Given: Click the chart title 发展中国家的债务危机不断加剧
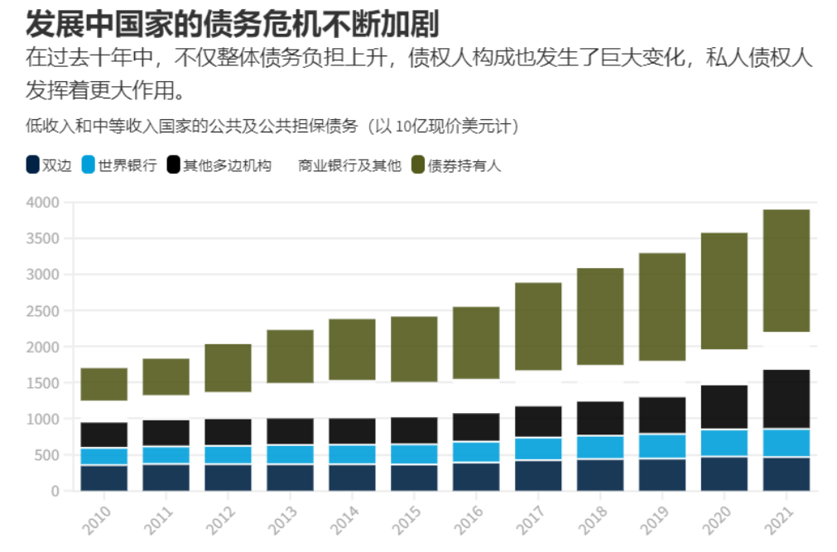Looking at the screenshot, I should click(232, 23).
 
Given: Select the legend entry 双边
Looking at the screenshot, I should click(49, 165).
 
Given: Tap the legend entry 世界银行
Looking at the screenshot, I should click(119, 165).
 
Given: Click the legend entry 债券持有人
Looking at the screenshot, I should click(456, 165).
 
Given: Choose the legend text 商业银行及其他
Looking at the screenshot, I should click(349, 165).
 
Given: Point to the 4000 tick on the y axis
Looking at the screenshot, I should click(43, 203).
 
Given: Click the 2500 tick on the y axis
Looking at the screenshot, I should click(43, 311).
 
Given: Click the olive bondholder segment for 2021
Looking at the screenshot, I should click(786, 271).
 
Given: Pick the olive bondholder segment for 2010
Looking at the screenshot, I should click(103, 384).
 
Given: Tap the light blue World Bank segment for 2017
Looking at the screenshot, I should click(538, 448).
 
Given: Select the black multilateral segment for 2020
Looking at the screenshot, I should click(724, 406).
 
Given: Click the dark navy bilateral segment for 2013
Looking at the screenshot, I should click(290, 478).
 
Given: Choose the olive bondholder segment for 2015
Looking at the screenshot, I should click(414, 348).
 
